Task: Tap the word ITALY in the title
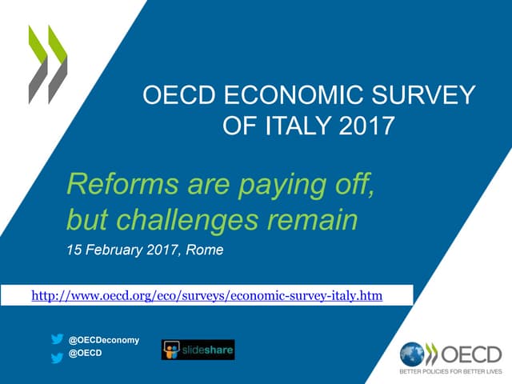(291, 126)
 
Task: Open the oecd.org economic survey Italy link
(206, 296)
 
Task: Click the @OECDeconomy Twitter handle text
(104, 340)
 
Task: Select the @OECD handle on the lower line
(86, 354)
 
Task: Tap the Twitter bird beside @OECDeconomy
(57, 339)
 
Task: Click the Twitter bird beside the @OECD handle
(57, 358)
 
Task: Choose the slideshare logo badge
(198, 350)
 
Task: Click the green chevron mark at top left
(48, 64)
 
